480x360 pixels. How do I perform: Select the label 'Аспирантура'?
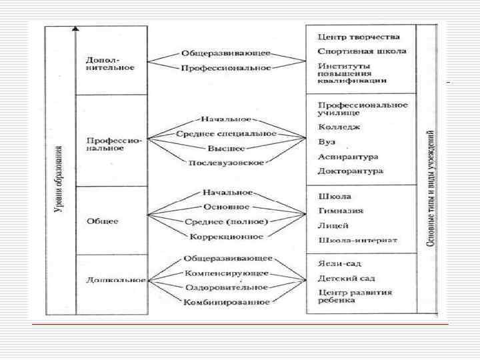click(x=348, y=157)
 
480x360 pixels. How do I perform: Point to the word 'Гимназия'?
click(x=341, y=211)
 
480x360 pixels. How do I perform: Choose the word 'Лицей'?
click(x=333, y=225)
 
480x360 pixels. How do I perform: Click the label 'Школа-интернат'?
click(x=357, y=239)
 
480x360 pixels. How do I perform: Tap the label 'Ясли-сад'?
click(x=339, y=263)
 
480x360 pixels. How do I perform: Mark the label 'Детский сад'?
click(x=346, y=277)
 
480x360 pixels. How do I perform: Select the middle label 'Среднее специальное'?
click(x=226, y=134)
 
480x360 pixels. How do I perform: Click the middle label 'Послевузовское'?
click(x=226, y=163)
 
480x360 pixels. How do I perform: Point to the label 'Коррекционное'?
click(x=226, y=237)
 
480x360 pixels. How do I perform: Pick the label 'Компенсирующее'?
click(x=226, y=273)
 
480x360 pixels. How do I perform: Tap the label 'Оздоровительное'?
click(x=226, y=287)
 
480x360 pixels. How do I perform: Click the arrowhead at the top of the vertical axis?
click(x=76, y=29)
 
